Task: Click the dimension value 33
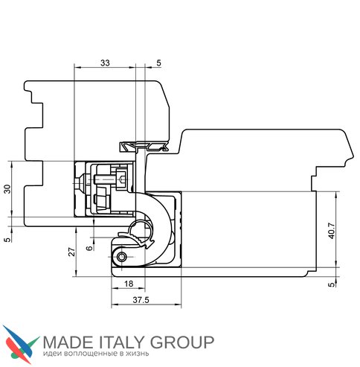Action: pos(105,63)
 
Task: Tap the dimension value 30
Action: pos(8,189)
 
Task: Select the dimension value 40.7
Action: pos(332,231)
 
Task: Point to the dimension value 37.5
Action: pos(141,300)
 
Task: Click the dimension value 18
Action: pos(129,284)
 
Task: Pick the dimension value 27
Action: pos(71,252)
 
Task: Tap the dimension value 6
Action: pos(90,248)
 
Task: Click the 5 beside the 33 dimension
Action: pos(158,63)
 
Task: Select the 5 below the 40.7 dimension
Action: pos(332,284)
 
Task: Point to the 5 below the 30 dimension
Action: pos(8,240)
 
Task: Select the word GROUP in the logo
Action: pos(182,342)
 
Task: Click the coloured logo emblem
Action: pos(20,344)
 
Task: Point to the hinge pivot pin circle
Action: pos(121,257)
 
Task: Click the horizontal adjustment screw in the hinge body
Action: pos(104,179)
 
